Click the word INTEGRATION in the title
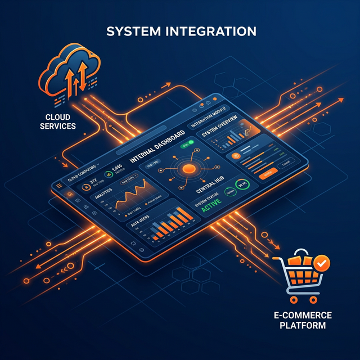pos(207,30)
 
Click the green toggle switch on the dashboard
pos(184,145)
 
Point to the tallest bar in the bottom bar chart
pos(181,214)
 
